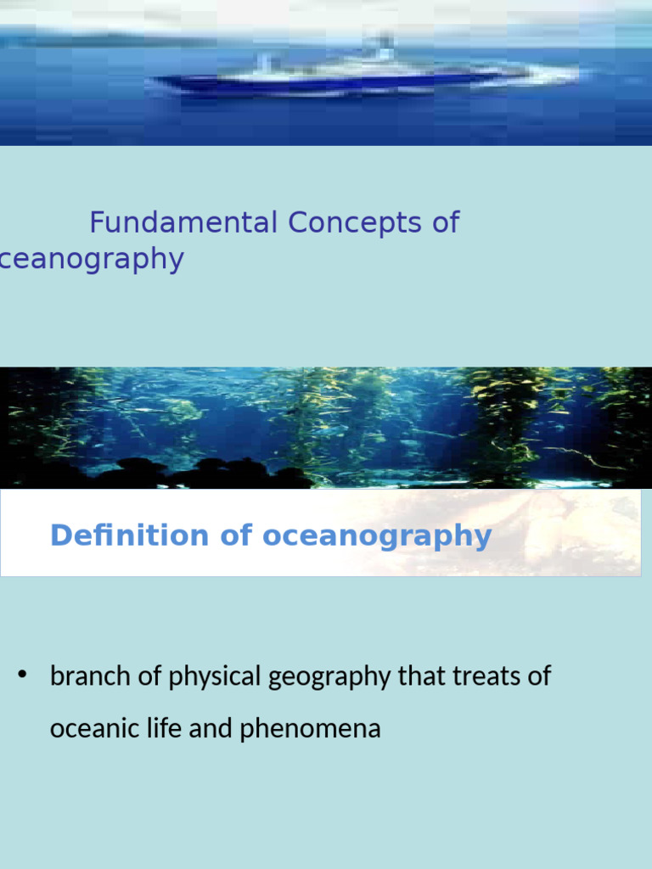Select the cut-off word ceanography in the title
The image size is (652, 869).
pyautogui.click(x=92, y=260)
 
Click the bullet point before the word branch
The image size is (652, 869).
pyautogui.click(x=24, y=676)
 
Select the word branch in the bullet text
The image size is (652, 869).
pyautogui.click(x=90, y=677)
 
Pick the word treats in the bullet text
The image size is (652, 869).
pyautogui.click(x=484, y=677)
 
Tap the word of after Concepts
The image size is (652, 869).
pyautogui.click(x=445, y=223)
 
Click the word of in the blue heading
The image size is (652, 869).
pyautogui.click(x=235, y=536)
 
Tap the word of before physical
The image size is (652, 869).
pyautogui.click(x=150, y=677)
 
